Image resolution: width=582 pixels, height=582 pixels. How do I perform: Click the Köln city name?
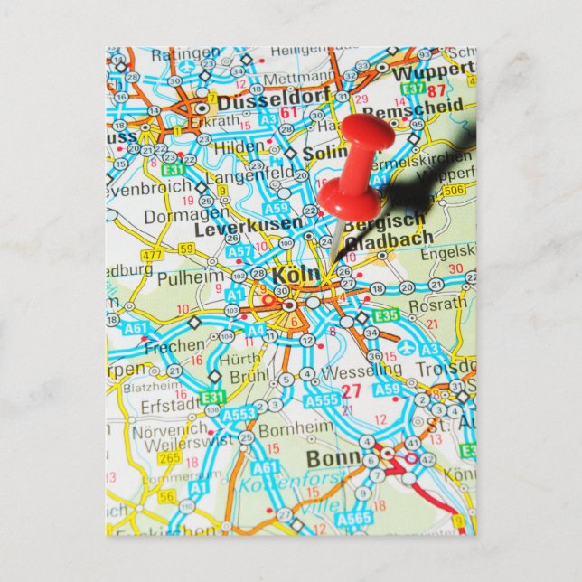point(296,272)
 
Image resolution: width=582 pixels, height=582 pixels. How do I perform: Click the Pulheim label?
point(190,278)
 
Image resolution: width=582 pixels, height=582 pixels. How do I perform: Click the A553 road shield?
point(239,414)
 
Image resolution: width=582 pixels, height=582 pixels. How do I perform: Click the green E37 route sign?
point(414,89)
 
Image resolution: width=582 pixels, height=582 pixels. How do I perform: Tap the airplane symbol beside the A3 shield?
point(406,348)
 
